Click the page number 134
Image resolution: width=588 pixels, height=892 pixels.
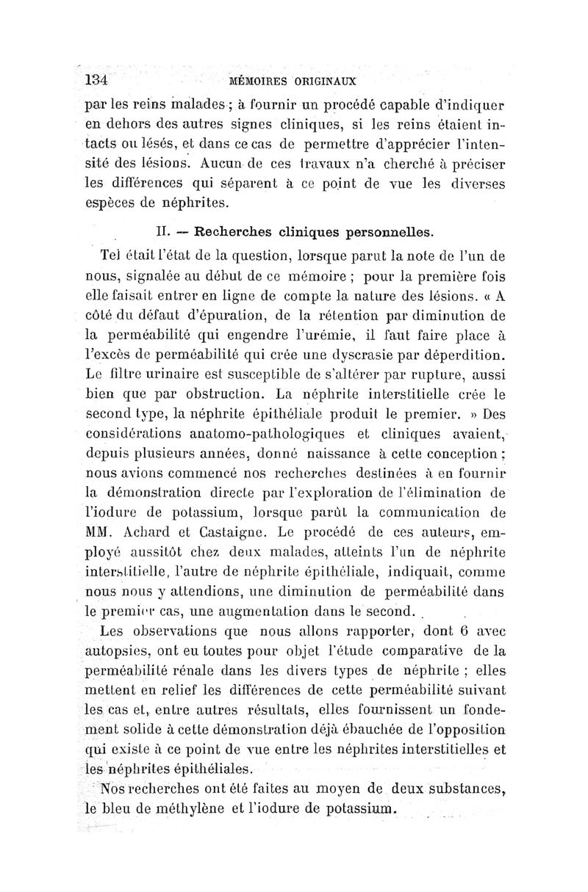coord(97,79)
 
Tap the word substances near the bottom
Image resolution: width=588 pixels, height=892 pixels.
coord(456,790)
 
